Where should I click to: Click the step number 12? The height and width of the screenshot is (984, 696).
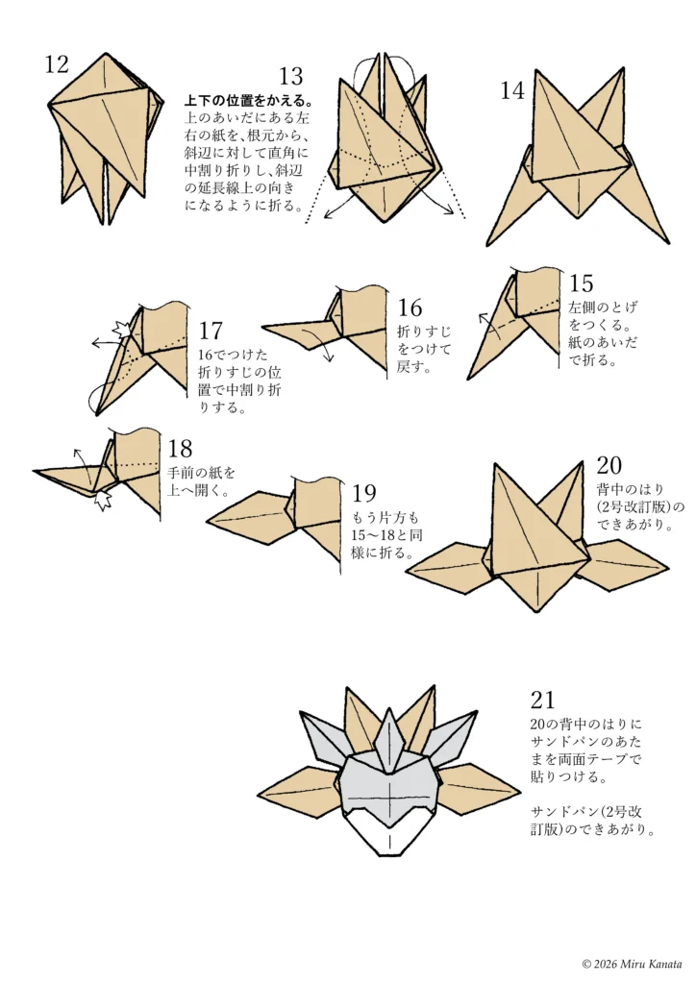[57, 64]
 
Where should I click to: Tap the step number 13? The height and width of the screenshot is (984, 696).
[291, 77]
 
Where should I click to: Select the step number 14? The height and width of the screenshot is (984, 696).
[512, 91]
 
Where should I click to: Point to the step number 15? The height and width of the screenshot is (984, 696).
[581, 283]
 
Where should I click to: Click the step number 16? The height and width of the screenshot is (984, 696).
[410, 307]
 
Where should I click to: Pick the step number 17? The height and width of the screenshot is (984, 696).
[211, 332]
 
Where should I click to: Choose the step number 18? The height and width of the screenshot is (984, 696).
[180, 449]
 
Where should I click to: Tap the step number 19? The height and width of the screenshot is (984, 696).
[363, 494]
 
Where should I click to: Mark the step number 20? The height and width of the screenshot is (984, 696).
[609, 466]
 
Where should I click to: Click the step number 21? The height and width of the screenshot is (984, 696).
[542, 700]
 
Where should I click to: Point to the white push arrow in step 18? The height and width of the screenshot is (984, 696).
[104, 499]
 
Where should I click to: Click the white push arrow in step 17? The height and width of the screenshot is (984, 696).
[122, 330]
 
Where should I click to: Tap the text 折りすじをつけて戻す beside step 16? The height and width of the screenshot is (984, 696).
[424, 348]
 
